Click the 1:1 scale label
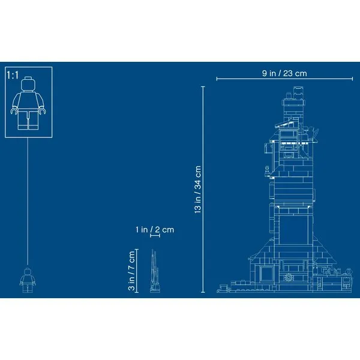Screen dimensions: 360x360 click(x=13, y=75)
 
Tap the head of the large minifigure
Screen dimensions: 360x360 click(x=28, y=84)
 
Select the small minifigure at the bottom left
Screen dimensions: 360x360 click(x=28, y=280)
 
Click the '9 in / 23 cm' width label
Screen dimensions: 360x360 click(x=284, y=73)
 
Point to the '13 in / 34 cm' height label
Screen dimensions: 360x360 click(x=197, y=190)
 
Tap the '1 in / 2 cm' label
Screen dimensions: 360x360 click(x=155, y=229)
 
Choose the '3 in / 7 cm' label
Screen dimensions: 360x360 click(x=131, y=271)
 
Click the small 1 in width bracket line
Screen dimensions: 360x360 click(x=155, y=235)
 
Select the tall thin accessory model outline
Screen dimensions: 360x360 click(x=155, y=271)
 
